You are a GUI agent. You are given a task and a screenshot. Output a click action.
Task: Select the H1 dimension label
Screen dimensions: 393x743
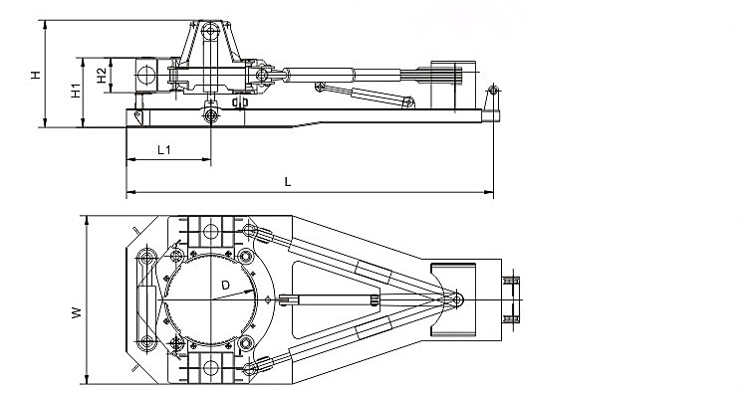click(74, 91)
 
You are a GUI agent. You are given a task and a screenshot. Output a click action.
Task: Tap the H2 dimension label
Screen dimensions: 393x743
click(101, 74)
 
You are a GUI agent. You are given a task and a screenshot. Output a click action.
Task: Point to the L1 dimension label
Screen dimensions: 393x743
click(166, 149)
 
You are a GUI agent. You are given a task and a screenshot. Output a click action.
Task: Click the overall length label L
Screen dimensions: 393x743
click(288, 181)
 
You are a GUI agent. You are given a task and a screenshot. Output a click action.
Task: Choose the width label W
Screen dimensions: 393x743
click(74, 312)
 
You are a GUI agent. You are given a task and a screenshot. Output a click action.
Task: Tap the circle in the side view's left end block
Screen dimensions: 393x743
click(146, 74)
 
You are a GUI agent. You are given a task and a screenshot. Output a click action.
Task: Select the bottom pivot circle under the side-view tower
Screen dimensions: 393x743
click(210, 115)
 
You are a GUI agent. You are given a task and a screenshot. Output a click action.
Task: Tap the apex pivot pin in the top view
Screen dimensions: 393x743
click(456, 297)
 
